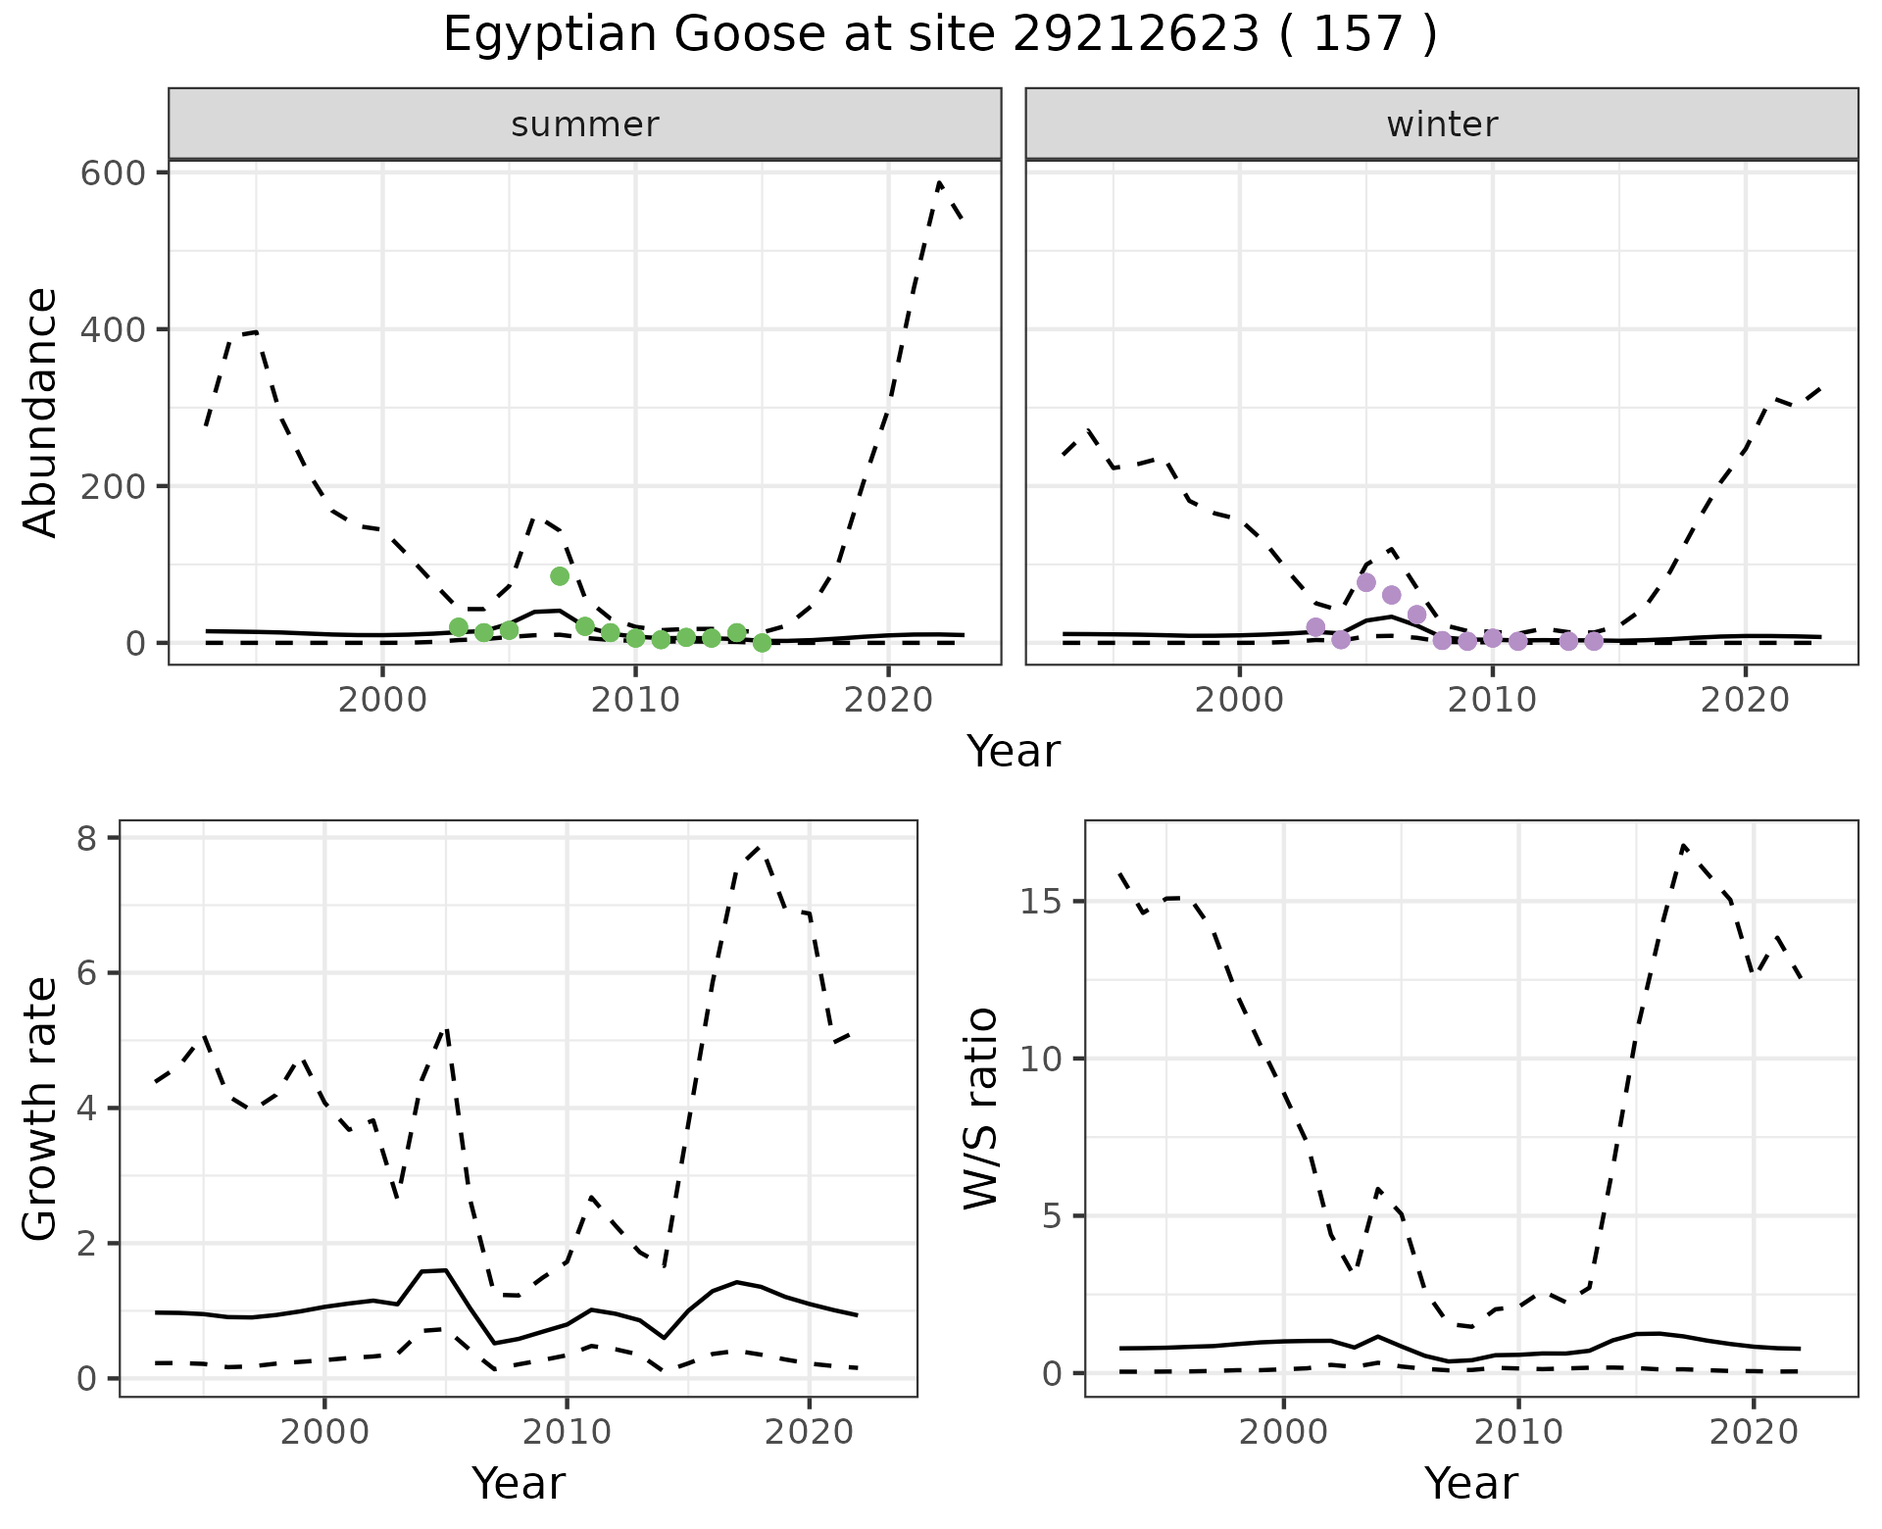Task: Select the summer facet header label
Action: tap(585, 124)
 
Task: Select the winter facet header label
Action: tap(1442, 124)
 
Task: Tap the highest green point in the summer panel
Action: tap(560, 576)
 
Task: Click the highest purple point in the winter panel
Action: tap(1366, 582)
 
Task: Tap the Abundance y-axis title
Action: tap(41, 413)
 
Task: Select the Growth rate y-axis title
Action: tap(41, 1109)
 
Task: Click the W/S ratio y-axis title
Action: tap(980, 1109)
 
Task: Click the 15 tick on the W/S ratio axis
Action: tap(1043, 902)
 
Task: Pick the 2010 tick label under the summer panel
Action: tap(635, 701)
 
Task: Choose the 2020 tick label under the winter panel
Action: tap(1745, 701)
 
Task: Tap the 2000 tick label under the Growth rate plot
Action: tap(324, 1432)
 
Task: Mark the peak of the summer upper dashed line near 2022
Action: tap(939, 182)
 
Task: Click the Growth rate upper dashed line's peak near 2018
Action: tap(761, 847)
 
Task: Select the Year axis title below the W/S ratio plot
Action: tap(1471, 1484)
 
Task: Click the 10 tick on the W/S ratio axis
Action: tap(1043, 1060)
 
